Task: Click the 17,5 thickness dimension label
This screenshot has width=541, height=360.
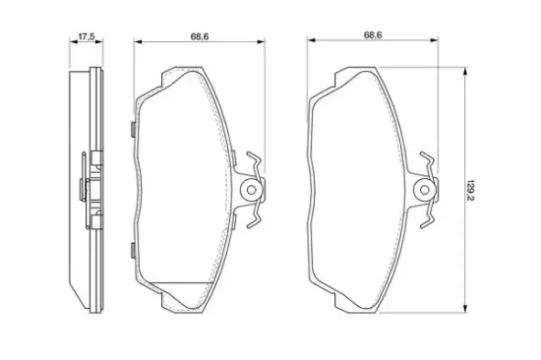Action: [87, 36]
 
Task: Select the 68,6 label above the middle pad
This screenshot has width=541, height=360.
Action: [200, 36]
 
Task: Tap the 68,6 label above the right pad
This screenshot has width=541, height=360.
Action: [373, 34]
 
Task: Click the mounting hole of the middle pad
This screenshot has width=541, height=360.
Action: [252, 190]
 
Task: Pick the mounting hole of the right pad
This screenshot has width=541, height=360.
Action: [425, 190]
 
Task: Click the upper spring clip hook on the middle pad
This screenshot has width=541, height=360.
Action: [255, 164]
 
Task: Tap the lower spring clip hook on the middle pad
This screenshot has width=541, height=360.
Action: [255, 214]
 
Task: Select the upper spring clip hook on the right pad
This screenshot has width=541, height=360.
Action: [428, 164]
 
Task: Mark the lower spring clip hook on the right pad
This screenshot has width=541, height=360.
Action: [428, 214]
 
